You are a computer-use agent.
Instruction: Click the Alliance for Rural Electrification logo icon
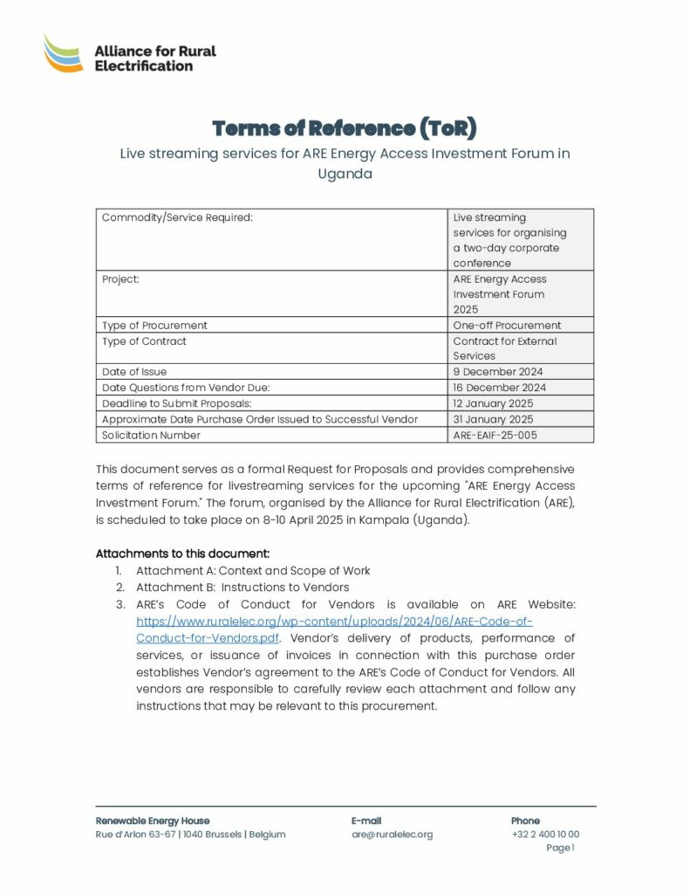click(x=64, y=53)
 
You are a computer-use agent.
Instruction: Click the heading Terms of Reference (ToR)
click(x=345, y=128)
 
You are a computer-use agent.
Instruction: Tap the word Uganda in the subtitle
click(x=345, y=173)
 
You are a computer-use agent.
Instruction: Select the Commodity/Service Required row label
click(x=177, y=217)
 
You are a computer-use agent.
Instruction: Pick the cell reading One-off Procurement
click(x=507, y=326)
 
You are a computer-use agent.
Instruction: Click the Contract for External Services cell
click(x=504, y=348)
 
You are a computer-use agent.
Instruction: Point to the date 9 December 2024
click(x=497, y=372)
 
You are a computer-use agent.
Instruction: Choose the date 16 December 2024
click(x=499, y=388)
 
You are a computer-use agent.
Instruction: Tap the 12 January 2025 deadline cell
click(x=493, y=403)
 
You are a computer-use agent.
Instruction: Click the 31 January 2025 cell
click(x=493, y=419)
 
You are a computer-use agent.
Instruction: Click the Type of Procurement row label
click(x=154, y=326)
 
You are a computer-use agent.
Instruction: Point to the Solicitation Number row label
click(x=151, y=435)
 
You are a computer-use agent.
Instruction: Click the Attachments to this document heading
click(x=182, y=554)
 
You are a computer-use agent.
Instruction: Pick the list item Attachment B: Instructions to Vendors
click(x=243, y=588)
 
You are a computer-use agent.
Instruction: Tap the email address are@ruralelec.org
click(x=392, y=835)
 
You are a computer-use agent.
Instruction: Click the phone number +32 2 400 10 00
click(x=545, y=835)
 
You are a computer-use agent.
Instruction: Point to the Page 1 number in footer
click(x=560, y=848)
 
